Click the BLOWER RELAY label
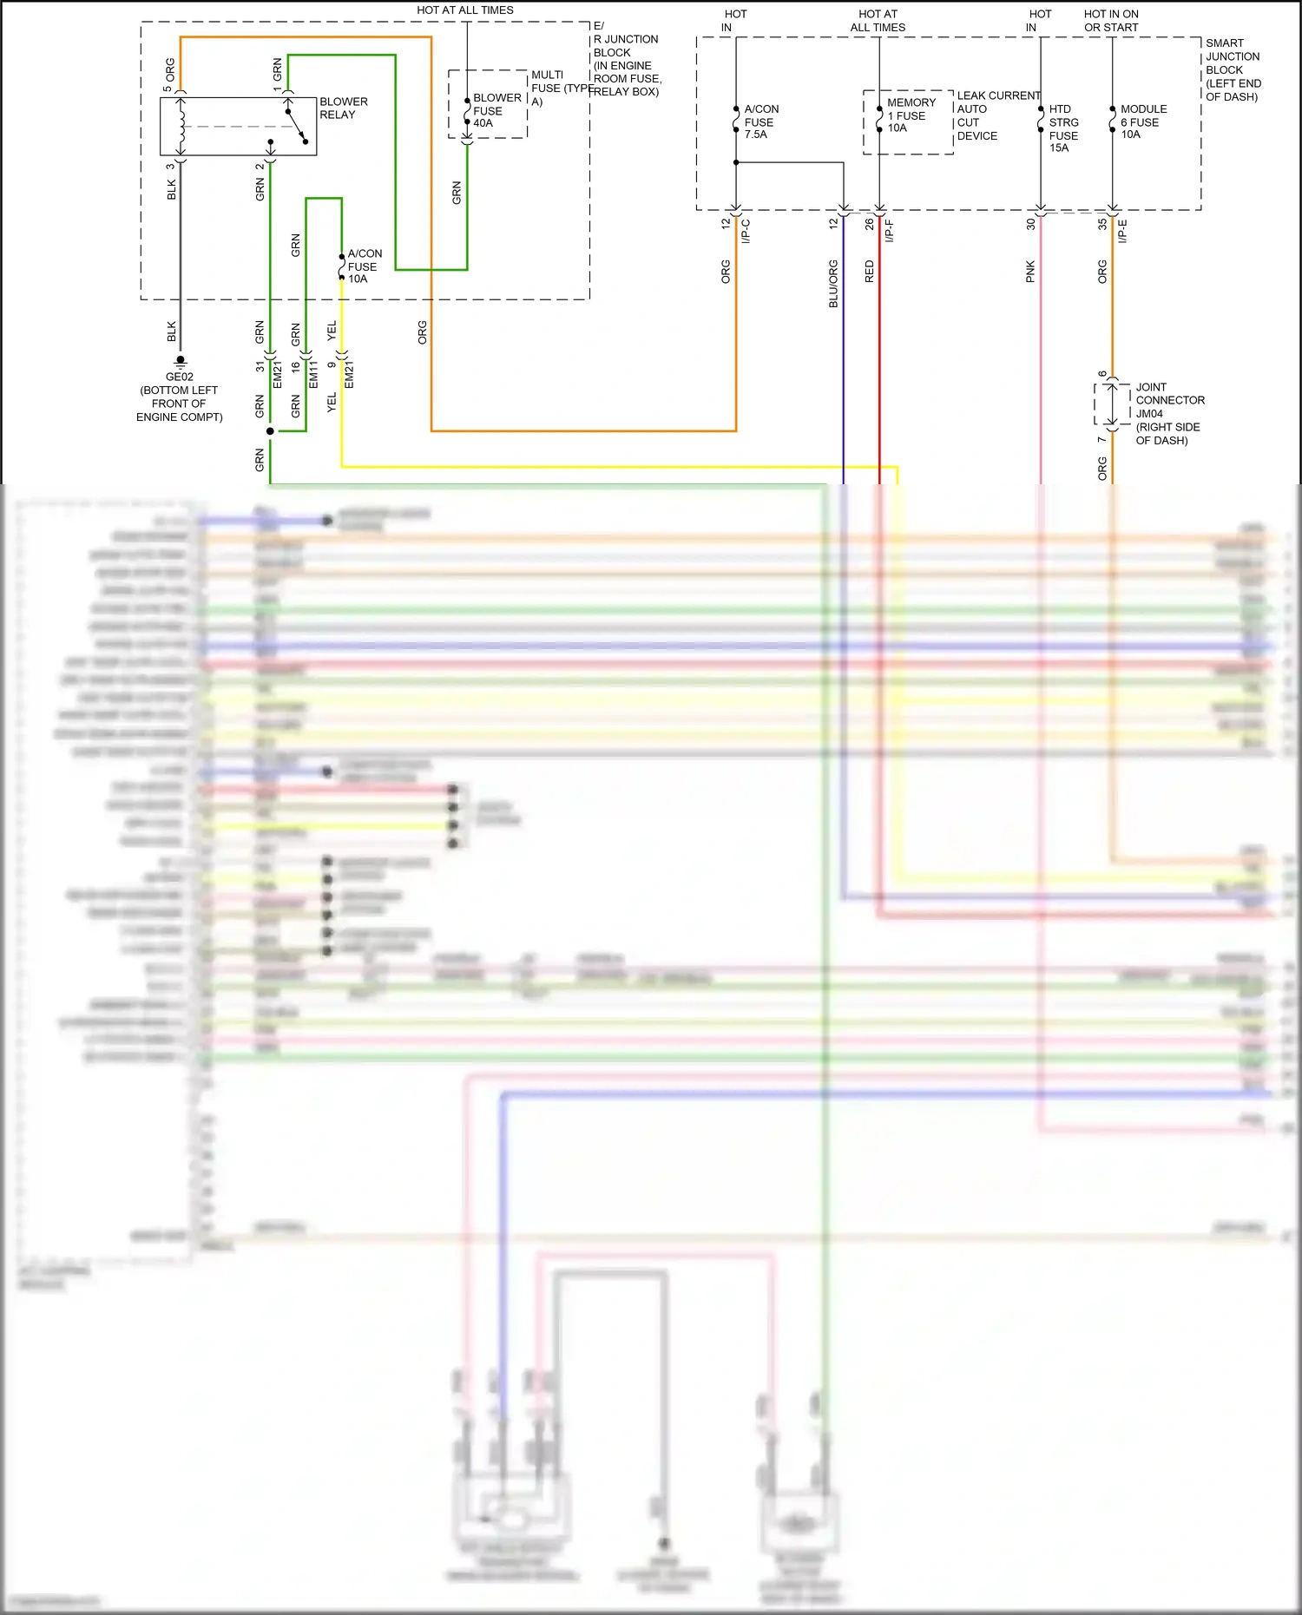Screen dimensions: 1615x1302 pyautogui.click(x=343, y=108)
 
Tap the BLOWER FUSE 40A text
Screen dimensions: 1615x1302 pyautogui.click(x=496, y=110)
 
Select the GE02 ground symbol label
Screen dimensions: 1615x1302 pyautogui.click(x=179, y=377)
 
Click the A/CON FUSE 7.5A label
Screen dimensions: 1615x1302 pyautogui.click(x=760, y=121)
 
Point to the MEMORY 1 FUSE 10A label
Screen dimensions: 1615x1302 pyautogui.click(x=910, y=115)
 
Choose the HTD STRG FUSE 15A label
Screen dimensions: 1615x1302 pyautogui.click(x=1062, y=128)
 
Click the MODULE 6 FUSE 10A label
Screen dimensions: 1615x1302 pyautogui.click(x=1142, y=121)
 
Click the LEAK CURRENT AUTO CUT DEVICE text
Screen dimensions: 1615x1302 pyautogui.click(x=996, y=115)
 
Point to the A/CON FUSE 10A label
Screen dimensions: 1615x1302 pyautogui.click(x=364, y=266)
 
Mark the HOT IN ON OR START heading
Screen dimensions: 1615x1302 pyautogui.click(x=1110, y=21)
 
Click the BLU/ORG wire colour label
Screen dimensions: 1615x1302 pyautogui.click(x=833, y=283)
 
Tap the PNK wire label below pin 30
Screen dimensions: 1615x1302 pyautogui.click(x=1030, y=272)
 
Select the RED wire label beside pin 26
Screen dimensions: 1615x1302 pyautogui.click(x=869, y=272)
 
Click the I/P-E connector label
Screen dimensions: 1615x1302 pyautogui.click(x=1122, y=231)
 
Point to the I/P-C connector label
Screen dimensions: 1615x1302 pyautogui.click(x=746, y=231)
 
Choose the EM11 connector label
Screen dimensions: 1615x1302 pyautogui.click(x=313, y=374)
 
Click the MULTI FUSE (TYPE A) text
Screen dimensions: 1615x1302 pyautogui.click(x=560, y=88)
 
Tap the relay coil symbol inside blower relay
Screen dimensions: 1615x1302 pyautogui.click(x=181, y=126)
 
